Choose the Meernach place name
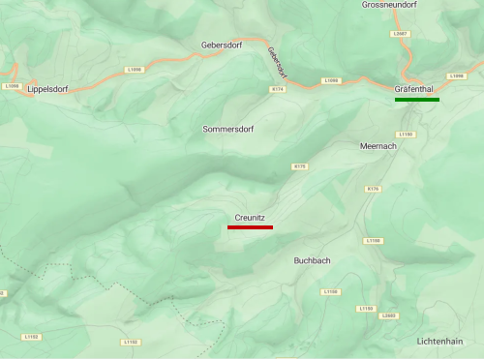(378, 145)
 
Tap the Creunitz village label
(250, 218)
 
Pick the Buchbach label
(313, 260)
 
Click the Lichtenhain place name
(439, 341)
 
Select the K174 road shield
(278, 89)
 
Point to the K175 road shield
(299, 166)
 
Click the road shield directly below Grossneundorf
(401, 33)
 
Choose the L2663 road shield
(390, 315)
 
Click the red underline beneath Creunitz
(250, 227)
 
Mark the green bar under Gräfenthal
(416, 99)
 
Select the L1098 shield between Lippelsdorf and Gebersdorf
(134, 70)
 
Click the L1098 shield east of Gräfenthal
(457, 75)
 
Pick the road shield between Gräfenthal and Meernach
(406, 134)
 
